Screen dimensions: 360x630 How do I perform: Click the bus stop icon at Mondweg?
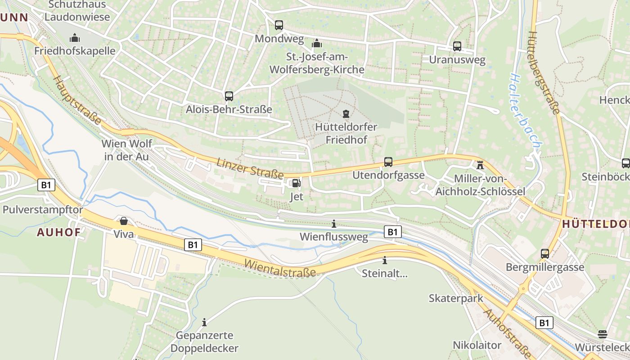point(279,25)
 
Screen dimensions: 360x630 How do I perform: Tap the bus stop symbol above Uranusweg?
point(457,46)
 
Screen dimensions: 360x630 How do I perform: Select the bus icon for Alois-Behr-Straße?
point(229,96)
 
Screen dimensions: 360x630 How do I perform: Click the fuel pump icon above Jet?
point(296,183)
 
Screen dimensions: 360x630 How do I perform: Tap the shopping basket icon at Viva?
point(124,221)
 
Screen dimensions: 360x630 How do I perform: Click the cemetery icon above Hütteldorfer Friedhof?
point(346,113)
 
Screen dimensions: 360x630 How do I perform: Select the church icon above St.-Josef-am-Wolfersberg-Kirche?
point(317,44)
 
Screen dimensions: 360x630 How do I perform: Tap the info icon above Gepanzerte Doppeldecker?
point(204,322)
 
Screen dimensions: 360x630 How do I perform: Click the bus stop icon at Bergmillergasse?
point(545,254)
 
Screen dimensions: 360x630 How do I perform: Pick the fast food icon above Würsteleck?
point(603,334)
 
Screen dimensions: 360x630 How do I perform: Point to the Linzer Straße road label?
point(250,168)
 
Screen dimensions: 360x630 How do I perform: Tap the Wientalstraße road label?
point(280,268)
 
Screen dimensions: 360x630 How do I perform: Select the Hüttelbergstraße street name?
point(544,74)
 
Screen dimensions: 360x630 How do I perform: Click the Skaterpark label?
point(456,298)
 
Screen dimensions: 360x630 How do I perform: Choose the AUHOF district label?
point(58,232)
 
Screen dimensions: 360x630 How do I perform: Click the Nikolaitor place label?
point(477,345)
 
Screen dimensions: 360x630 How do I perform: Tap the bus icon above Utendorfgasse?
point(388,162)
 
